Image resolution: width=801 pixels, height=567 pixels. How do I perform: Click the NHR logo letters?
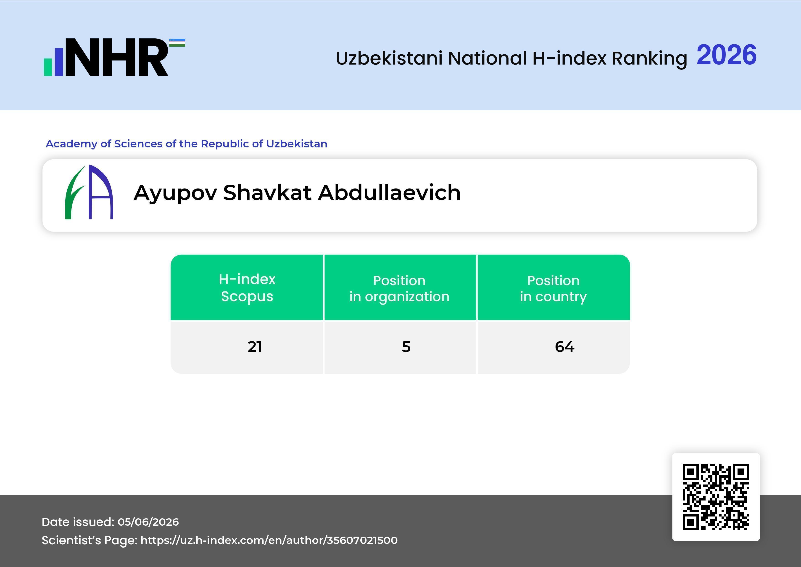[117, 57]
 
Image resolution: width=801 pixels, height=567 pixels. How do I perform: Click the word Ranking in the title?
[649, 58]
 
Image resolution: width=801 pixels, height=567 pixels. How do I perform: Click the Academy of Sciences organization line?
[187, 144]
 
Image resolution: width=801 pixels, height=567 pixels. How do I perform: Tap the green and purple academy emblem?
[89, 192]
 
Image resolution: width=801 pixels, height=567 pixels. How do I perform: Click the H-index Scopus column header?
[247, 288]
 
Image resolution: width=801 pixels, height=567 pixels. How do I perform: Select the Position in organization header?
[399, 289]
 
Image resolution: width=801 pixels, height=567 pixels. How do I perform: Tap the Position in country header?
[553, 289]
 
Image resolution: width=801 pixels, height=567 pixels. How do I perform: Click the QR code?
[716, 497]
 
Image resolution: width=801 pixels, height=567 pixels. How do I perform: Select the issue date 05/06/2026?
[148, 522]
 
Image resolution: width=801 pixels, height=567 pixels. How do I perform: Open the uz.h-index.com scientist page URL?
[269, 540]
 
